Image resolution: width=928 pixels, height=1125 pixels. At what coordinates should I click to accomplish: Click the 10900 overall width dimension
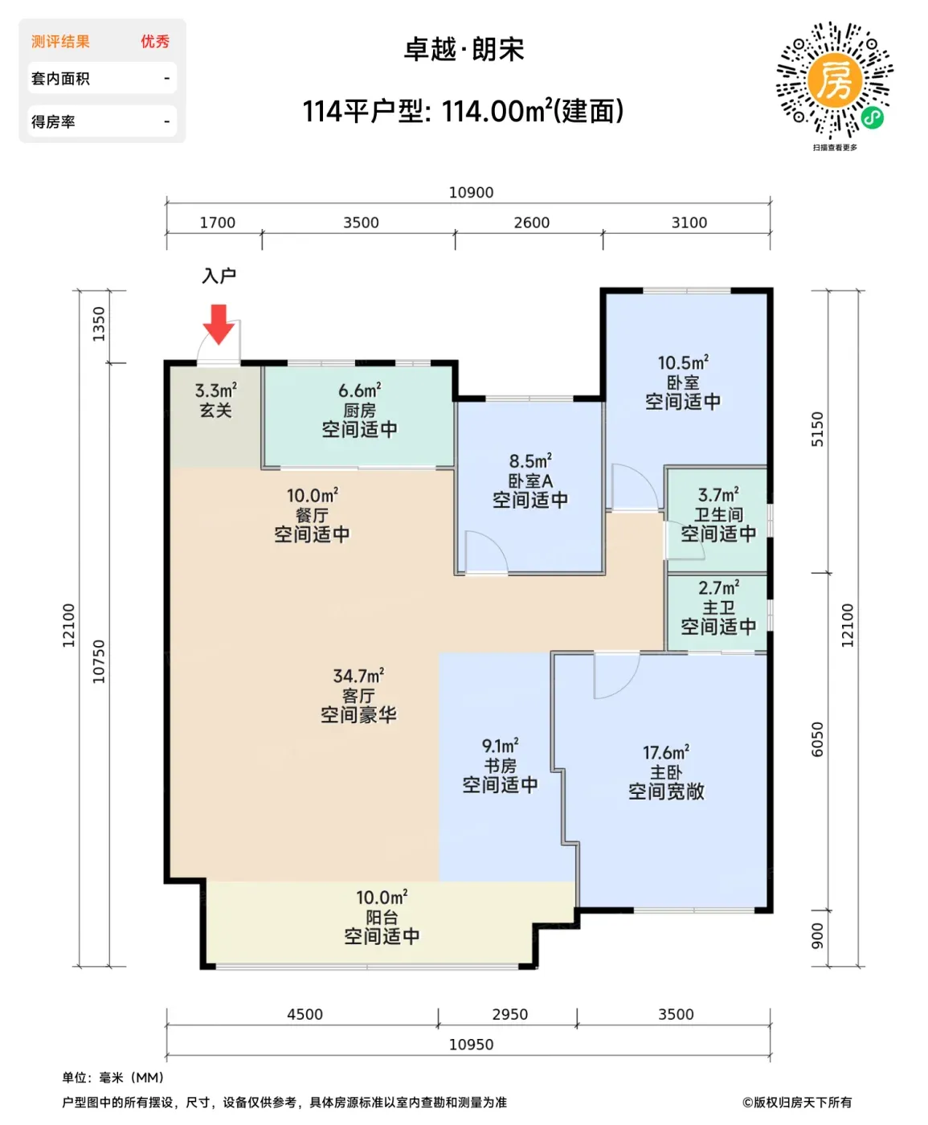pos(471,192)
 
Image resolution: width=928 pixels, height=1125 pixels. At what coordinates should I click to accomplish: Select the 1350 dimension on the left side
pos(99,324)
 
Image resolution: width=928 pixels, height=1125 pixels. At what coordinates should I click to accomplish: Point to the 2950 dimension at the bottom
pos(510,1015)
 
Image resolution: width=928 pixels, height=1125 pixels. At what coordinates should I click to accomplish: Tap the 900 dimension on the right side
pos(817,936)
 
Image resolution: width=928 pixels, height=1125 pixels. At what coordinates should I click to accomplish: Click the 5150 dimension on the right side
pos(817,429)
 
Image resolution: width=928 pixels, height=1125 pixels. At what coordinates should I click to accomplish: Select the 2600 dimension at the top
pos(531,223)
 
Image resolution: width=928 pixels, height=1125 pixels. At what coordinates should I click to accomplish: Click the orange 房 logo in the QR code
pos(835,80)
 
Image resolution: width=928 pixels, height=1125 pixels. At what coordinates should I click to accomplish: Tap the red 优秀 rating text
pos(155,42)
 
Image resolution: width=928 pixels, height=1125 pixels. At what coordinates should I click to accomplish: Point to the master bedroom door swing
pos(617,676)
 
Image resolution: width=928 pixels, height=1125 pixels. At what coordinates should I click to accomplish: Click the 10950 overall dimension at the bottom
pos(471,1045)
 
